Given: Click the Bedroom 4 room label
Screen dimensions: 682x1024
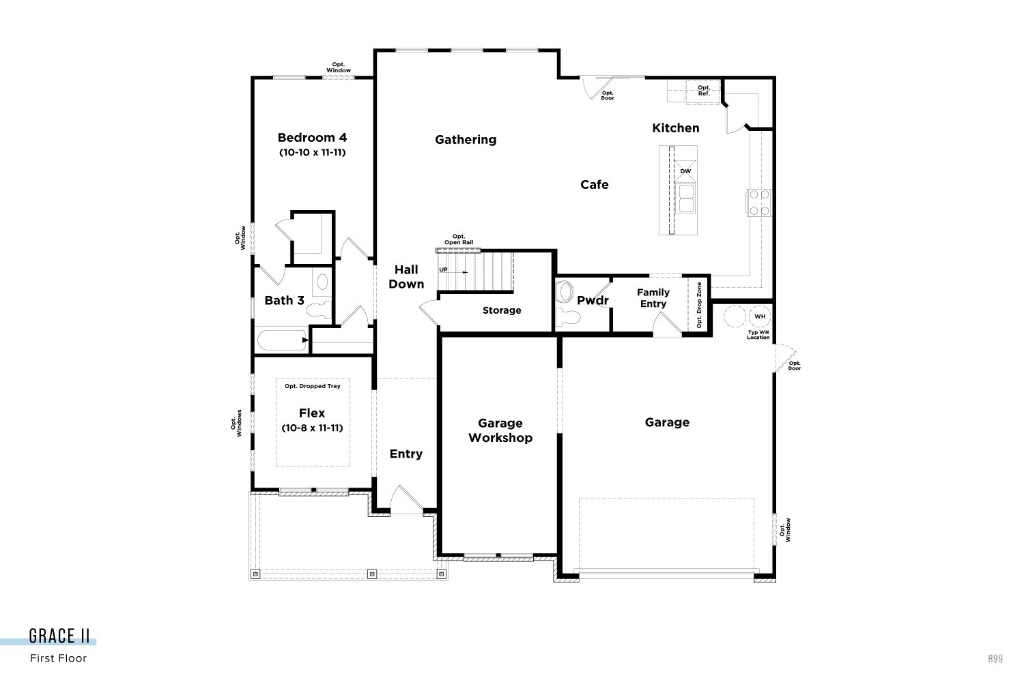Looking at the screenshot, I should [x=312, y=138].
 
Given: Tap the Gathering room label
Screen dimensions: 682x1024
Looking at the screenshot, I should [x=466, y=140].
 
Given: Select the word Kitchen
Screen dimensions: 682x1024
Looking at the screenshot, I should [x=675, y=128].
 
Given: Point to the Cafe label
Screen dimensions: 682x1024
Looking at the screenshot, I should [x=594, y=185].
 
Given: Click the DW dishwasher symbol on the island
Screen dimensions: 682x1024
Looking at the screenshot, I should [x=685, y=171].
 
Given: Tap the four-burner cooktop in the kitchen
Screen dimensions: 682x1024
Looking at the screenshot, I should [x=759, y=203].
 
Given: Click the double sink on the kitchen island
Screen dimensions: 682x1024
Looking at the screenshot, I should [x=685, y=203].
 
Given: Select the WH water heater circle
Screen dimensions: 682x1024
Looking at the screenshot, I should [x=759, y=316].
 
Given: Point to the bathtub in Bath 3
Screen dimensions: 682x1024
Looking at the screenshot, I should [x=282, y=340].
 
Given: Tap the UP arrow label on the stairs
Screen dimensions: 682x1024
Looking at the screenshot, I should [x=444, y=270].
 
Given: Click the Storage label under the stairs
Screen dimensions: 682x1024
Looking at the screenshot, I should [x=502, y=311].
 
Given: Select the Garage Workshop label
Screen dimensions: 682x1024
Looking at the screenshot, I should [x=500, y=430].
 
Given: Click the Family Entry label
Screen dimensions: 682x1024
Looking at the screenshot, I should [x=653, y=298].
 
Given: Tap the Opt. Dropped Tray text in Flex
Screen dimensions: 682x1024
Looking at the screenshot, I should [x=313, y=386].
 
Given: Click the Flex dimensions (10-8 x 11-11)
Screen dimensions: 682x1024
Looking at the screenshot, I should [x=312, y=428].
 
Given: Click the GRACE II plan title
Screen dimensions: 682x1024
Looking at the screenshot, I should [x=59, y=636].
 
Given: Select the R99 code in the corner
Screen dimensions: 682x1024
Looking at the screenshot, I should [x=995, y=659].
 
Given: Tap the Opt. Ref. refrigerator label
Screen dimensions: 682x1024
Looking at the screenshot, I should [x=703, y=91].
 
